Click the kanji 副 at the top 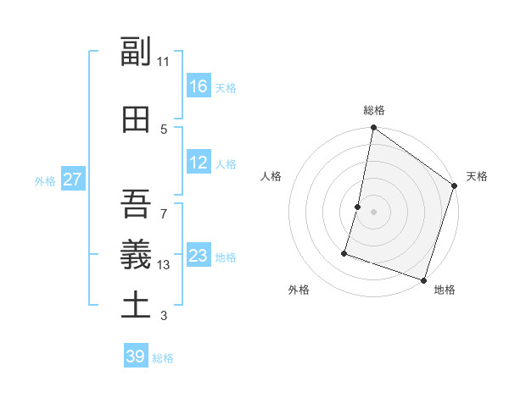point(136,53)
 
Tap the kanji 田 point(136,119)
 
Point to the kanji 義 point(136,252)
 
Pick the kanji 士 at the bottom point(136,304)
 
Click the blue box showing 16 point(199,86)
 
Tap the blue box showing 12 point(199,163)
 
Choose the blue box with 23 point(199,256)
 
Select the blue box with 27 point(73,180)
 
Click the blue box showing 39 point(136,357)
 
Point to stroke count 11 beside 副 point(164,62)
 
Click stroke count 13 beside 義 point(164,265)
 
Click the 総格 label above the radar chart point(374,110)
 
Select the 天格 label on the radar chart point(477,176)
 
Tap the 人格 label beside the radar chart point(271,176)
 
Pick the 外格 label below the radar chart point(299,290)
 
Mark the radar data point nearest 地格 point(423,279)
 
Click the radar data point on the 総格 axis point(373,129)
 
